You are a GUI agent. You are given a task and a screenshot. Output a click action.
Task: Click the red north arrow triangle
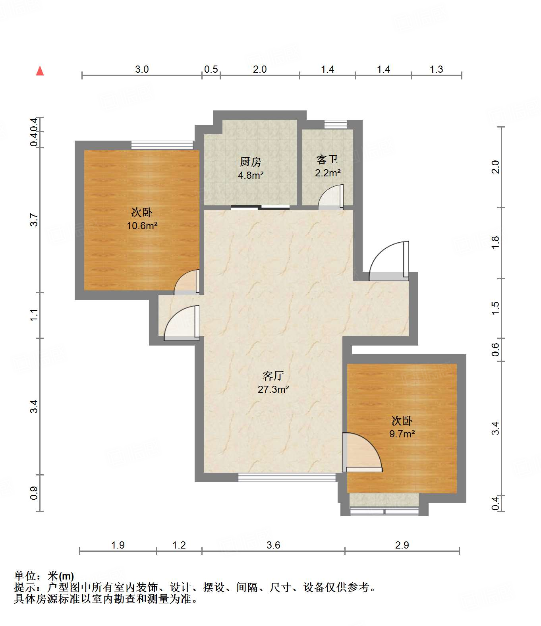click(40, 71)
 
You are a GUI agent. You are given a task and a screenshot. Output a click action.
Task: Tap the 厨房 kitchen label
click(251, 162)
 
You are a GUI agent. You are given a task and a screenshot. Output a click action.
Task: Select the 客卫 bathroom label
click(327, 160)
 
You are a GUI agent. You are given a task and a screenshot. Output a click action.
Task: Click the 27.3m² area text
click(273, 389)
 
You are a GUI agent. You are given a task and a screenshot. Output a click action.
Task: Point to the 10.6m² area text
click(142, 226)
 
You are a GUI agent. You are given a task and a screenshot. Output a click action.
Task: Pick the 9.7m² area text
click(402, 434)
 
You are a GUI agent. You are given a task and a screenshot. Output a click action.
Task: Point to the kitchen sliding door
click(260, 207)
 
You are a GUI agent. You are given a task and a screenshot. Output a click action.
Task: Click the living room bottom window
click(287, 477)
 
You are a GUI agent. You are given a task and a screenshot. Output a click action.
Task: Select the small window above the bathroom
click(335, 124)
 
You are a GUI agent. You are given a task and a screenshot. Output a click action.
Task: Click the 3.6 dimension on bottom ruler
click(273, 545)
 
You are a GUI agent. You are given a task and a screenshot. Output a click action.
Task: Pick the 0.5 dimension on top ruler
click(211, 69)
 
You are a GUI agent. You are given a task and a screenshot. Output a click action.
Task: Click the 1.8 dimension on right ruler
click(495, 242)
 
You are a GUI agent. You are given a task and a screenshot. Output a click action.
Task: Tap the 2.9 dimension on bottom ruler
click(402, 545)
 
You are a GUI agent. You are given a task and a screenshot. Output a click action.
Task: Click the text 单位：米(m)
click(44, 576)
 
